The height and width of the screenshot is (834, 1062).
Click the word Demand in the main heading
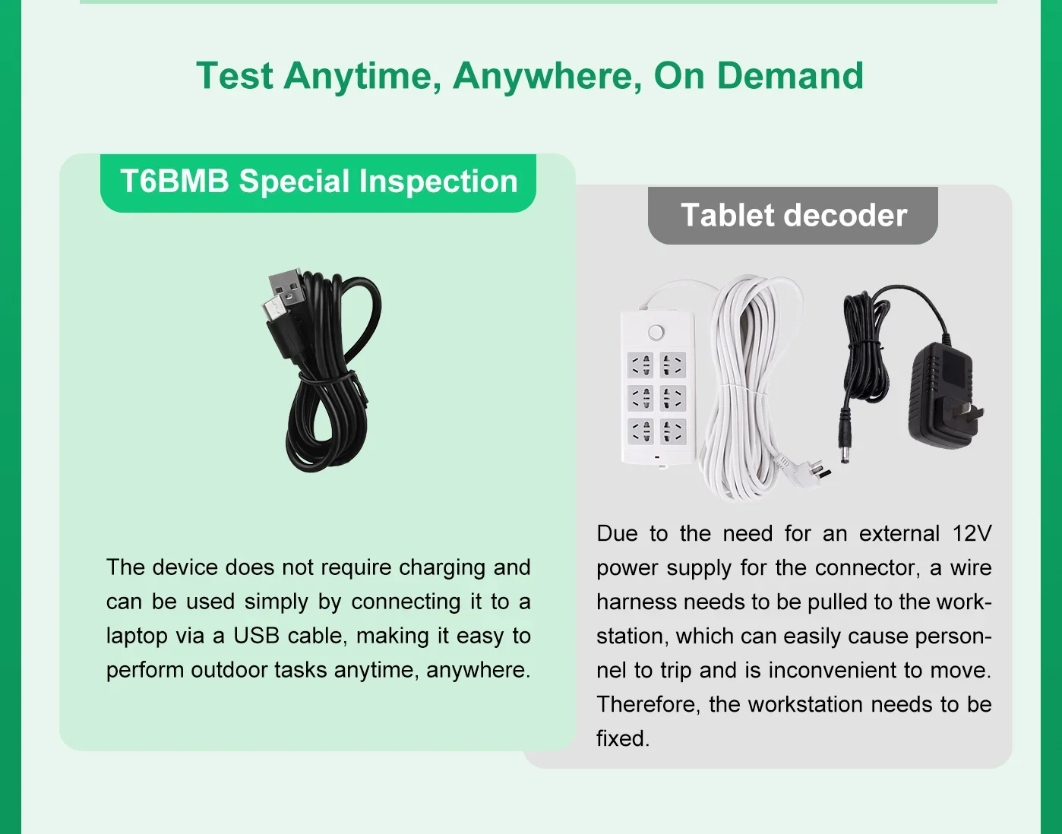790,76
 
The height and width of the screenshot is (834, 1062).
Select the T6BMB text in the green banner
175,182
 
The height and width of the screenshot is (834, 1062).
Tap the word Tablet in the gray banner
728,215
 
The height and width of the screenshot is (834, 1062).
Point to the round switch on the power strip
656,333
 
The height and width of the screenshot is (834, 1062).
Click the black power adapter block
940,393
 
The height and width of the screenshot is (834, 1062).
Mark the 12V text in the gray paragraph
972,533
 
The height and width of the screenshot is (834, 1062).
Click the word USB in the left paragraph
255,636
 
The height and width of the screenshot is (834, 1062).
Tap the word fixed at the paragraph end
622,738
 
